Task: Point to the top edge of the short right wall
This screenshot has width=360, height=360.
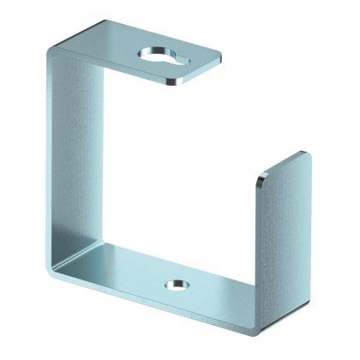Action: point(283,168)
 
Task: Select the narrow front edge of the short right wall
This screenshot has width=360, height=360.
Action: point(257,240)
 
